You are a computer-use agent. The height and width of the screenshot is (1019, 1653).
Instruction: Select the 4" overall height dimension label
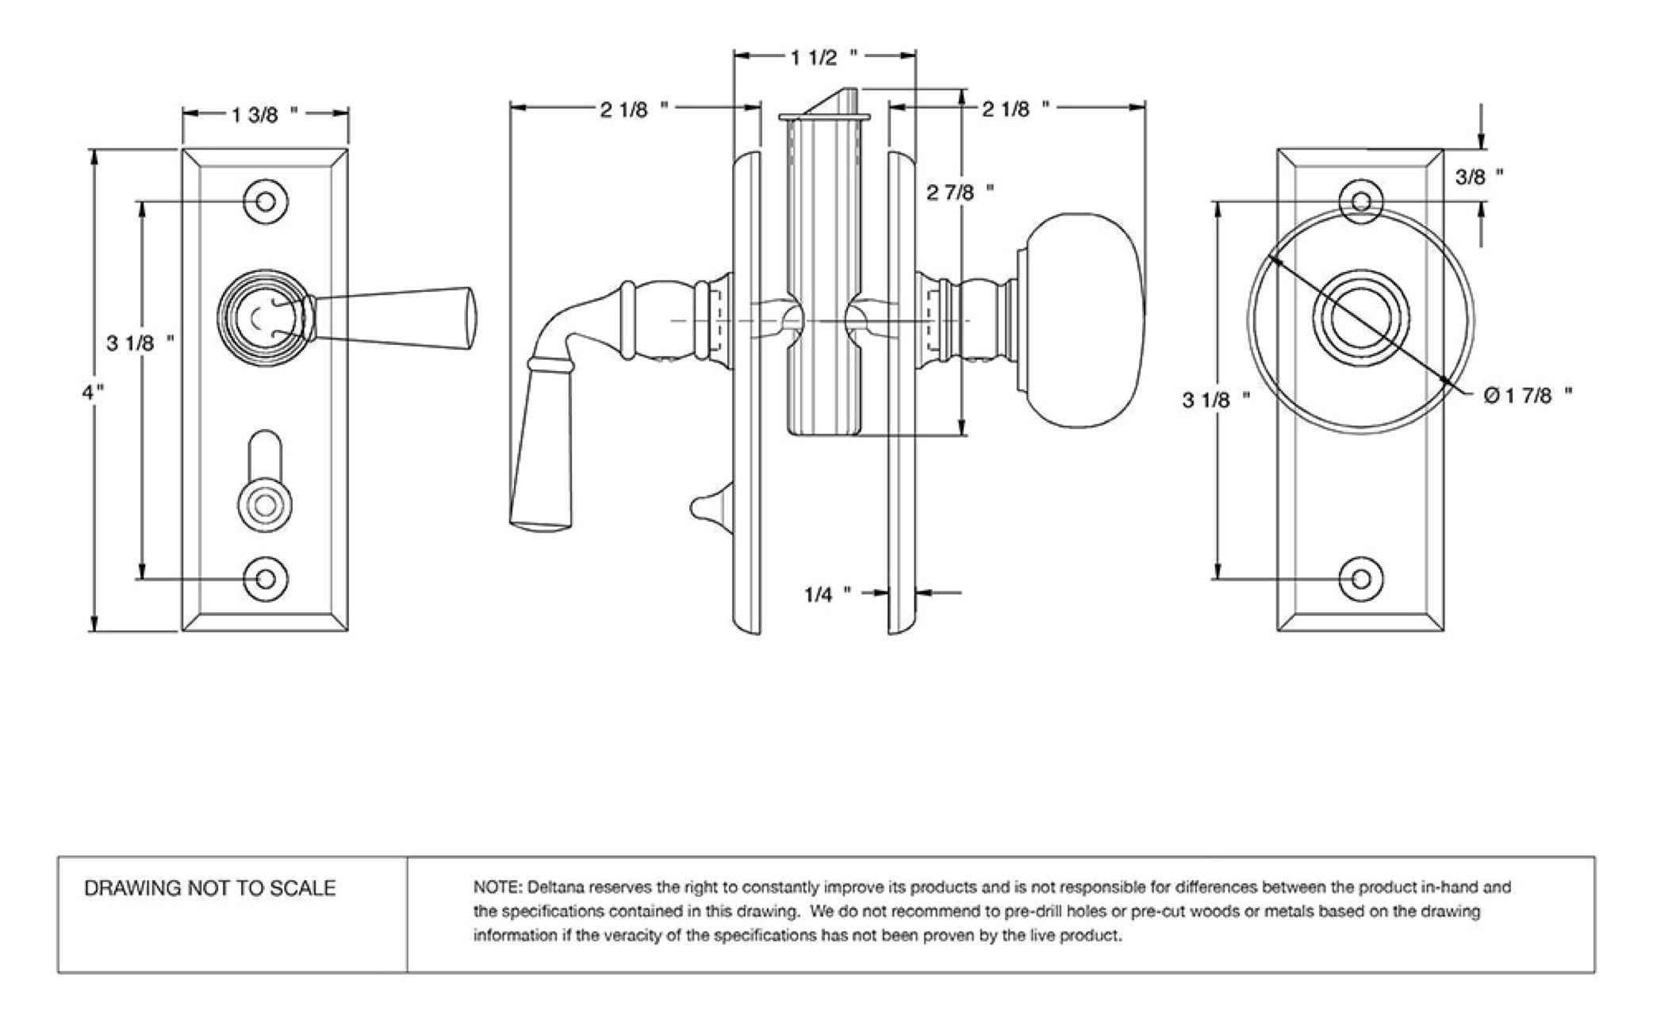(94, 392)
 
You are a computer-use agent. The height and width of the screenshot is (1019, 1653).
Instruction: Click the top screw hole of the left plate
(266, 201)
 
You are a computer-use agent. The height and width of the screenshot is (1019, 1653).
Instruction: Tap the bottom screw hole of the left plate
(266, 579)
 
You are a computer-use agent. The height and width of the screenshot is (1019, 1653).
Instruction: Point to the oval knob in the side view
(1083, 320)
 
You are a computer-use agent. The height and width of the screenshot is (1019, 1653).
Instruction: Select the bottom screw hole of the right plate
(1360, 579)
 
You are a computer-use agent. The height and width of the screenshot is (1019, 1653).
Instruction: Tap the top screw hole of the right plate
(1360, 201)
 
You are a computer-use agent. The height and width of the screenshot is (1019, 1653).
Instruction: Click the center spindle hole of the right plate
(1360, 318)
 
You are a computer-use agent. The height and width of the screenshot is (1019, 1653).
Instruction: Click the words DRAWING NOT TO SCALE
(210, 888)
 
